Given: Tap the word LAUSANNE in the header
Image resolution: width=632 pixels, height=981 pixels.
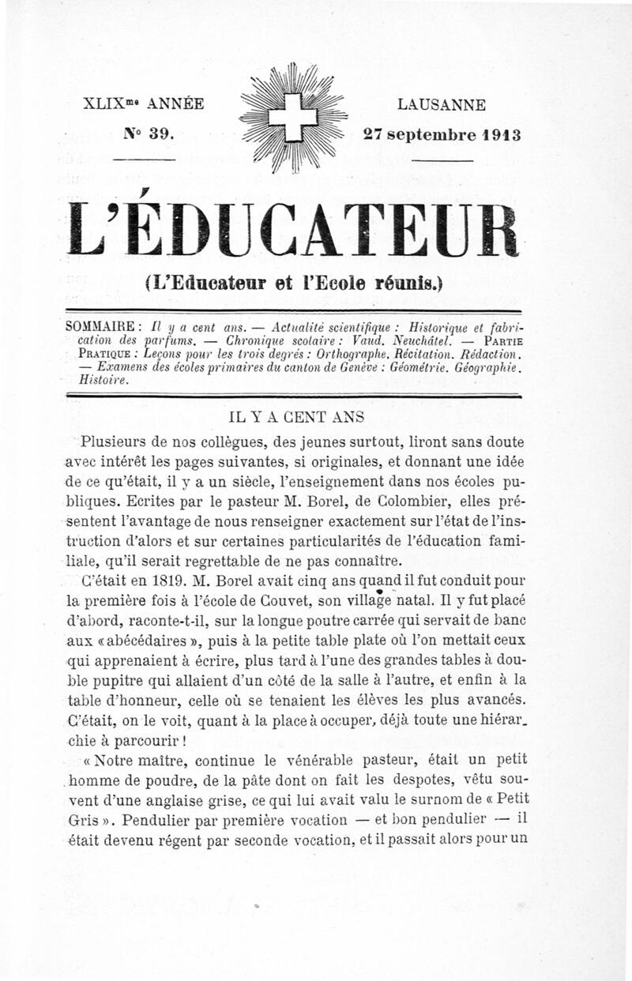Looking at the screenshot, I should click(442, 104).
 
